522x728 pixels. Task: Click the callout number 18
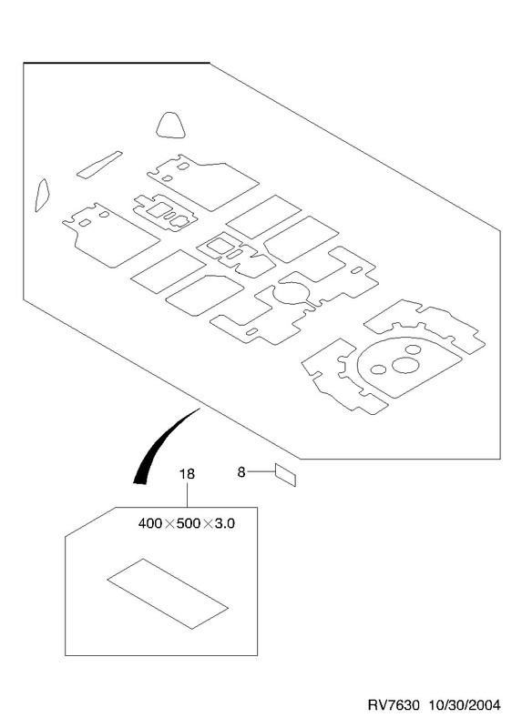(187, 474)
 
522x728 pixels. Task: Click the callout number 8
(241, 472)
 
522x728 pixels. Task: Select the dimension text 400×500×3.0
(187, 524)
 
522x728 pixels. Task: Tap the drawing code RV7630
(394, 705)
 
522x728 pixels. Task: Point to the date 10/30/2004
(465, 705)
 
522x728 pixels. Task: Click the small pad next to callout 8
(285, 475)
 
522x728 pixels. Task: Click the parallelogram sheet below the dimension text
(168, 594)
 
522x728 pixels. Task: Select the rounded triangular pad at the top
(170, 126)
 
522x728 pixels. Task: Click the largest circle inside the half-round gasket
(405, 365)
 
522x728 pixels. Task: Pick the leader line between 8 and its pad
(261, 472)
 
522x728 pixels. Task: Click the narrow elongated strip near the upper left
(99, 165)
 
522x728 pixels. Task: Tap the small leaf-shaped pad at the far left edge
(42, 195)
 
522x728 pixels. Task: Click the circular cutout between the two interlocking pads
(291, 293)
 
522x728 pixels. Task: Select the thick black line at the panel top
(117, 63)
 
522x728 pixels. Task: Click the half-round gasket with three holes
(409, 367)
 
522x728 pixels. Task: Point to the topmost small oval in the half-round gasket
(413, 349)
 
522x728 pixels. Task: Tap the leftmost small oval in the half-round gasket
(378, 369)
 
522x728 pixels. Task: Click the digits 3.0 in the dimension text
(225, 524)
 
